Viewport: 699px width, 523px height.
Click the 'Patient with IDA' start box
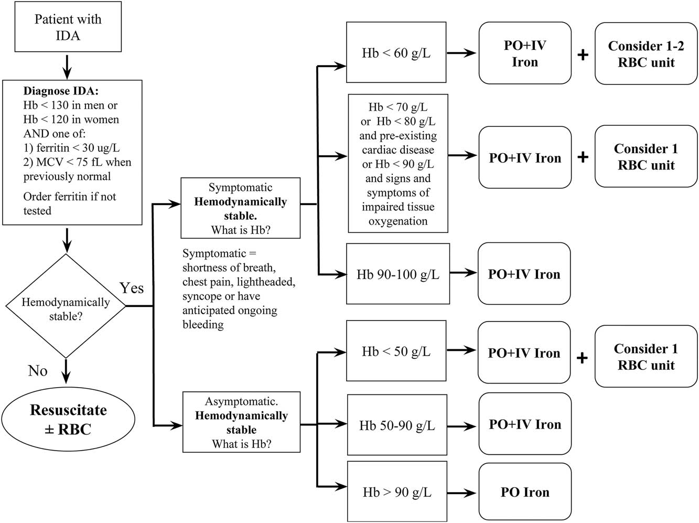[68, 27]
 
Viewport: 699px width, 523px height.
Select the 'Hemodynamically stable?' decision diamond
[66, 308]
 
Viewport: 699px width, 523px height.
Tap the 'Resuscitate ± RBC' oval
[68, 419]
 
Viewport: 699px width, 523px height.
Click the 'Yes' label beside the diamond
[131, 288]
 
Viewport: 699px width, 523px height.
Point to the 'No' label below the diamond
[38, 371]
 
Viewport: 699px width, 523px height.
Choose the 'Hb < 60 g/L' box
[396, 52]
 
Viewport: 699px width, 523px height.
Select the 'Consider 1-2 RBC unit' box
[646, 54]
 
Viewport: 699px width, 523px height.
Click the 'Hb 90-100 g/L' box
[397, 274]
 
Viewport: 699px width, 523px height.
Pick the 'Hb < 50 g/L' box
[396, 351]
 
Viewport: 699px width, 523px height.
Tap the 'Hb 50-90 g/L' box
[397, 425]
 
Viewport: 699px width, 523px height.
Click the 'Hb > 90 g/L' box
[397, 492]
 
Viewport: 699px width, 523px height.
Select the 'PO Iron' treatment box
[524, 492]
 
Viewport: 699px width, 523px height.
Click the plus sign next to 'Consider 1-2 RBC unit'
[583, 55]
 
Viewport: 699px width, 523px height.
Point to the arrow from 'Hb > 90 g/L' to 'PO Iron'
[462, 493]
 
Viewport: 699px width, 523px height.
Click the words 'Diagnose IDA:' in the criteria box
[61, 91]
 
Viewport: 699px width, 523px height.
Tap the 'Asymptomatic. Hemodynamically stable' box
[241, 422]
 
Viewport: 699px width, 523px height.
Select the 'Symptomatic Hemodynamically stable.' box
[240, 208]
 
